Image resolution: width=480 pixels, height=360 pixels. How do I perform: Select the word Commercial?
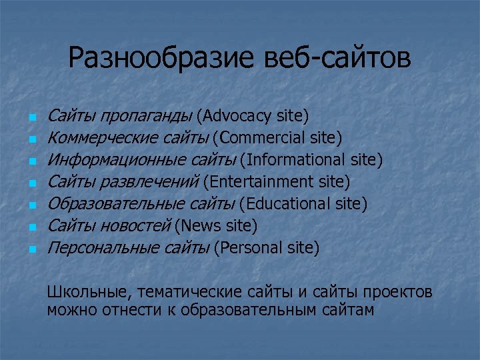click(x=263, y=138)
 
